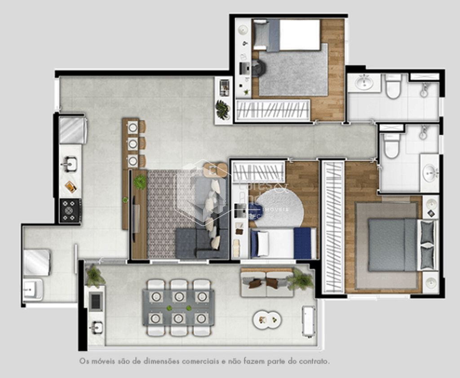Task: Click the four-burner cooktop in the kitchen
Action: (x=71, y=210)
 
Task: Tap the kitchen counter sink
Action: (x=69, y=164)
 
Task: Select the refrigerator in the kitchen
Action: (x=72, y=130)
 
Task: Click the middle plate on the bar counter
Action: (x=133, y=144)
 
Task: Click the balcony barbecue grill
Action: (x=96, y=302)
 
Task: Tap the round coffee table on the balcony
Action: (x=267, y=320)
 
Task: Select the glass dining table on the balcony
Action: (x=178, y=308)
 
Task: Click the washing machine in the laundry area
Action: (x=36, y=263)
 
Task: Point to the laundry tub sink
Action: (x=33, y=289)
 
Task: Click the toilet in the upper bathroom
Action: (x=393, y=86)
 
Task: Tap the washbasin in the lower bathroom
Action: (x=430, y=171)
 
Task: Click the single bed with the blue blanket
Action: (x=283, y=243)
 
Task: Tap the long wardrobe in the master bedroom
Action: (x=333, y=227)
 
